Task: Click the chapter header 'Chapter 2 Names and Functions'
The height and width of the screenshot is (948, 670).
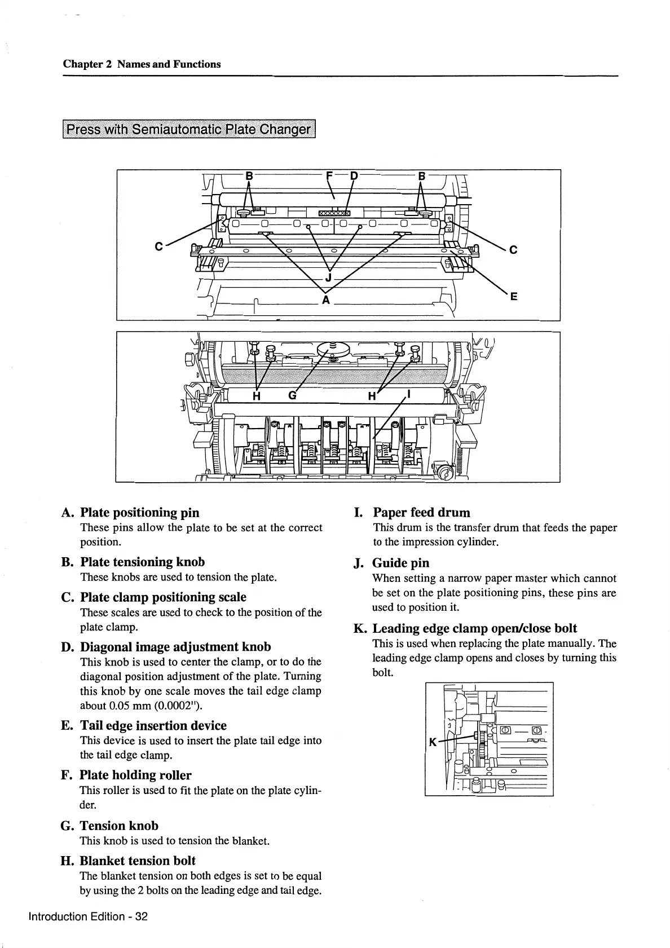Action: tap(142, 64)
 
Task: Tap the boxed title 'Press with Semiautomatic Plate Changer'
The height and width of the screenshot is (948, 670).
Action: tap(189, 129)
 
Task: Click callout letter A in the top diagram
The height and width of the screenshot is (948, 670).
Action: tap(325, 299)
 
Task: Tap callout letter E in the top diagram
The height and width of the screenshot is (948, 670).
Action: tap(513, 297)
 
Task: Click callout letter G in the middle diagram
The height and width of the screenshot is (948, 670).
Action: tap(292, 396)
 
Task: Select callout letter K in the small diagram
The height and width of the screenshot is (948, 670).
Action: tap(433, 742)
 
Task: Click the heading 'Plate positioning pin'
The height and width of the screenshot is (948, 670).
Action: tap(139, 512)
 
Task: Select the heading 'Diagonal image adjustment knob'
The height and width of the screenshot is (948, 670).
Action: tap(175, 646)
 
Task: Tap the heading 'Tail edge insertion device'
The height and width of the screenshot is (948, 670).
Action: tap(153, 725)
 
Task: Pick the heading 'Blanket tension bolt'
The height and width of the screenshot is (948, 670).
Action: tap(137, 861)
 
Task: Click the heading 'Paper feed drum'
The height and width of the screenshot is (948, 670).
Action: tap(421, 512)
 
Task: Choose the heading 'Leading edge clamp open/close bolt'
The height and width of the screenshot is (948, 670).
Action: tap(474, 628)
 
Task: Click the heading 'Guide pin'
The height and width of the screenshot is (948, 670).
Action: tap(400, 562)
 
